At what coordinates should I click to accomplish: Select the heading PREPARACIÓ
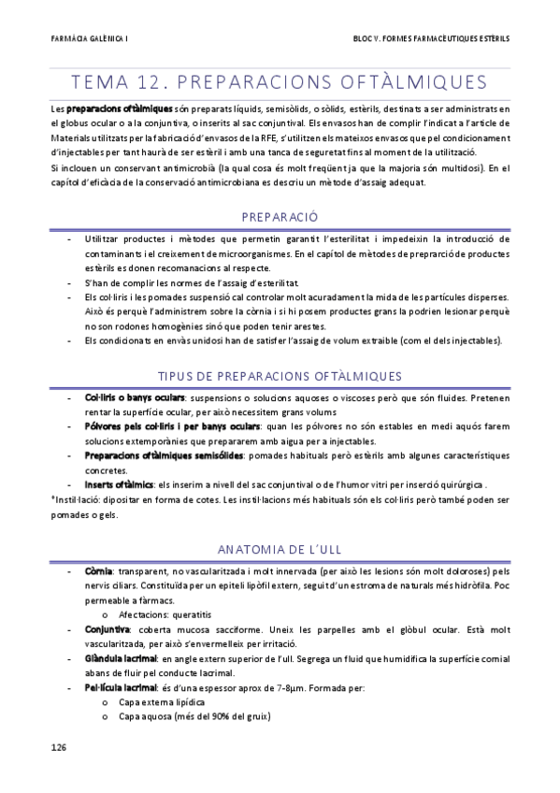(280, 217)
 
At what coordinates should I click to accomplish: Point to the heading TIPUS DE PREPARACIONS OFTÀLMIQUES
(280, 376)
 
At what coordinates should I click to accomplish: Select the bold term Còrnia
(98, 570)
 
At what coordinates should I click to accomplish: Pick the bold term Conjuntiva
(107, 629)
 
